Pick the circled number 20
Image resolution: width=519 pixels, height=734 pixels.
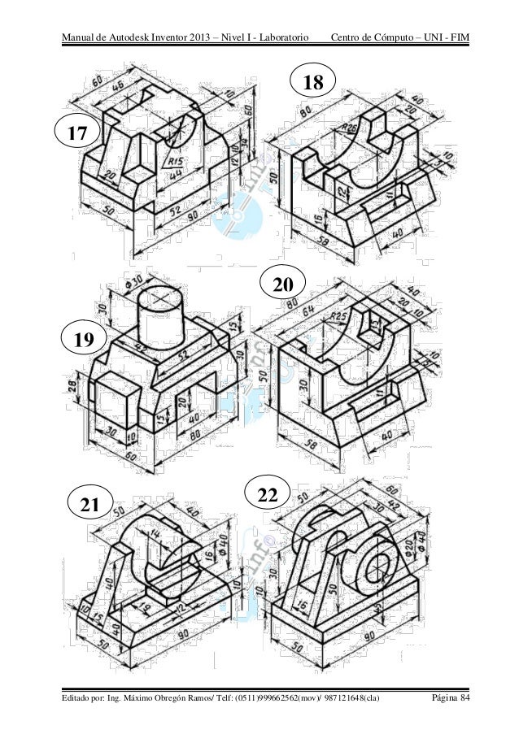tap(283, 286)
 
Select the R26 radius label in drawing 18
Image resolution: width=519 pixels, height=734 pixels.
tap(328, 129)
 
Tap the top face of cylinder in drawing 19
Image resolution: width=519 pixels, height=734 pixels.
tap(159, 298)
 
